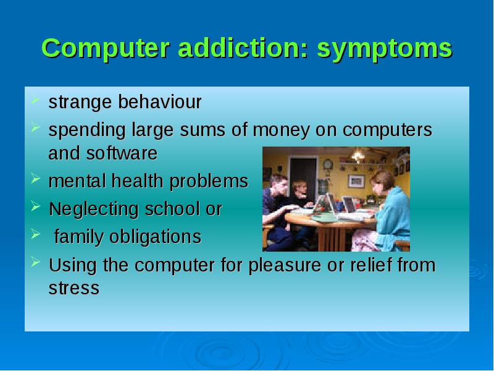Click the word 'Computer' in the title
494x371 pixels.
pyautogui.click(x=106, y=48)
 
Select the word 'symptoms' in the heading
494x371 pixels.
pyautogui.click(x=385, y=50)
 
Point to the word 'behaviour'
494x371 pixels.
pyautogui.click(x=160, y=101)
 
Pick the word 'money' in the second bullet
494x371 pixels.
pyautogui.click(x=281, y=130)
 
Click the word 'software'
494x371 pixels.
pyautogui.click(x=122, y=153)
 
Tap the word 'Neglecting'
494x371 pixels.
pyautogui.click(x=94, y=210)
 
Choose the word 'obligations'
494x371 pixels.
pyautogui.click(x=156, y=237)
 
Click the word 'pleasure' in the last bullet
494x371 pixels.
pyautogui.click(x=285, y=266)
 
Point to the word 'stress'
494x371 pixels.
pyautogui.click(x=74, y=288)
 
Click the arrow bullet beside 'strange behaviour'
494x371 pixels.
pyautogui.click(x=35, y=100)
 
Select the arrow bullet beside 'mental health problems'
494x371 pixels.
pyautogui.click(x=36, y=179)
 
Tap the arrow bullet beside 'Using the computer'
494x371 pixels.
pyautogui.click(x=36, y=262)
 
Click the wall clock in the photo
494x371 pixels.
pyautogui.click(x=328, y=164)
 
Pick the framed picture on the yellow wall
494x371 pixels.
pyautogui.click(x=356, y=181)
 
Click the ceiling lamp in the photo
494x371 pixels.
pyautogui.click(x=358, y=156)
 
